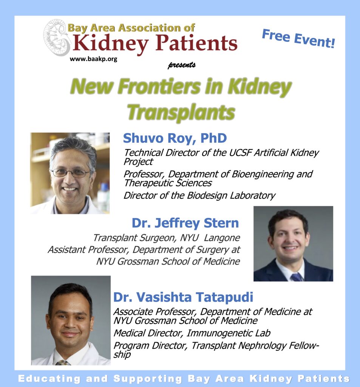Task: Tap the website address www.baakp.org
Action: point(94,59)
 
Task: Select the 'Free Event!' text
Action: point(298,38)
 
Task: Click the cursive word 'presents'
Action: point(182,65)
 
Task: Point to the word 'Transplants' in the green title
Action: point(181,113)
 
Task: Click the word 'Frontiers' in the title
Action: point(159,87)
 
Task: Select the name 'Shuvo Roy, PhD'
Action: point(175,138)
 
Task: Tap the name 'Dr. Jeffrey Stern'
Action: point(185,223)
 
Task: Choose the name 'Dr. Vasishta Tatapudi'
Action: point(183,297)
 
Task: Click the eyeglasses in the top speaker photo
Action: point(71,173)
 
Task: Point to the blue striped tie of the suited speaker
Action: point(297,277)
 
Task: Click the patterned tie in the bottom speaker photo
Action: point(63,362)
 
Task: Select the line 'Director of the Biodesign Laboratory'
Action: point(199,195)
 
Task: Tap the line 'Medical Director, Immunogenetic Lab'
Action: point(192,333)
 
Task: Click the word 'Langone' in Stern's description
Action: point(222,238)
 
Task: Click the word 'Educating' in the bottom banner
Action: point(49,379)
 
